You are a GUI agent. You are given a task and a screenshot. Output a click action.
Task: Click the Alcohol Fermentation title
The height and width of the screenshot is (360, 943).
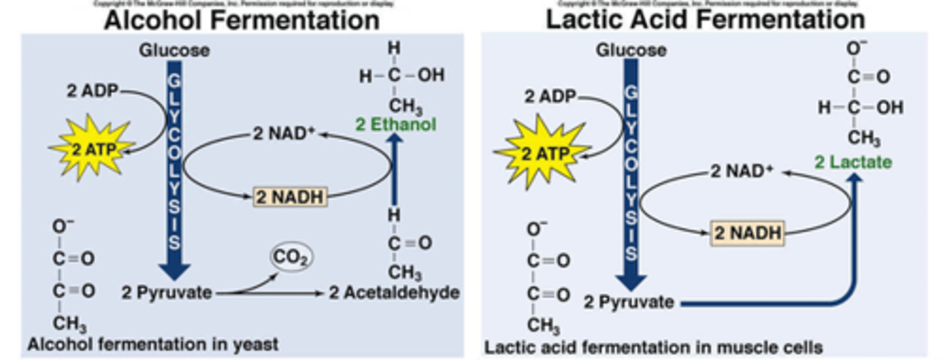tap(242, 20)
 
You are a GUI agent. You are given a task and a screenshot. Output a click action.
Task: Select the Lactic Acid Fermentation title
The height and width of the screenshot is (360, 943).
tap(705, 20)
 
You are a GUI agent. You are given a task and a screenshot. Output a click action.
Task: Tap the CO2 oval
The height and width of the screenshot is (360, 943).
tap(291, 258)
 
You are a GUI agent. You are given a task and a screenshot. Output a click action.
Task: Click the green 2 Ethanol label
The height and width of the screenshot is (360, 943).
tap(396, 124)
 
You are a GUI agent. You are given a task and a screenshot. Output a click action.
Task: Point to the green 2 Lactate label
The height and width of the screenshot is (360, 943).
tap(853, 162)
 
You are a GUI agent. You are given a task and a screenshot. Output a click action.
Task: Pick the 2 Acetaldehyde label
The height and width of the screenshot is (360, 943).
tap(394, 293)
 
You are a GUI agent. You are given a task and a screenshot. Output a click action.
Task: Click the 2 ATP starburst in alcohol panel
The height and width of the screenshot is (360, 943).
tap(92, 150)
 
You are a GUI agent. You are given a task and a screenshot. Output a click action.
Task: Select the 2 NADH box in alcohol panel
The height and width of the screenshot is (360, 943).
tap(289, 196)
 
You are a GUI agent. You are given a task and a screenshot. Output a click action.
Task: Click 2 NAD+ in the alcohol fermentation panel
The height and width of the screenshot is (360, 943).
tap(284, 134)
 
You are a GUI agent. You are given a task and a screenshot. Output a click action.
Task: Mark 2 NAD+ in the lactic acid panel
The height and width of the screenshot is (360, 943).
tap(741, 171)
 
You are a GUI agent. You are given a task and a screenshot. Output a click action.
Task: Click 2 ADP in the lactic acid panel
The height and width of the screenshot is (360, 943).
tap(549, 97)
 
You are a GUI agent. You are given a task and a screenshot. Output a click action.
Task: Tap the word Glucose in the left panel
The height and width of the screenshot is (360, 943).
tap(174, 50)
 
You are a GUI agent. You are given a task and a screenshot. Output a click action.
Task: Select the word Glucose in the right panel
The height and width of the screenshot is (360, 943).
tap(631, 50)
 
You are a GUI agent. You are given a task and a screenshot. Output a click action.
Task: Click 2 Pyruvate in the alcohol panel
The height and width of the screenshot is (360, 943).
tap(167, 293)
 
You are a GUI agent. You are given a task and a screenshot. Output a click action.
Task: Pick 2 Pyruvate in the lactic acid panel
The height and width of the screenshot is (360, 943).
tap(629, 302)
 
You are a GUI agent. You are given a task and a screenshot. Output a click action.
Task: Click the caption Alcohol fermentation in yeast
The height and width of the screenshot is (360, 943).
tap(153, 344)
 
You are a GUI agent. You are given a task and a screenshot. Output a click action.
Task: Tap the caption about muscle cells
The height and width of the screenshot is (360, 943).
tap(653, 346)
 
